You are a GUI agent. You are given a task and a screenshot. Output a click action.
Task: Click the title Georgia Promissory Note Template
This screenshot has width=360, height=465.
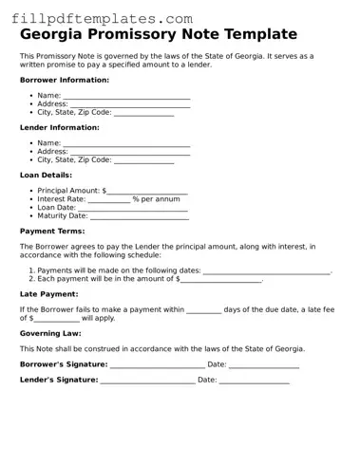pos(158,34)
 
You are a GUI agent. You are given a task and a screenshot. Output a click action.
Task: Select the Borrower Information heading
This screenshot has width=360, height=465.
pos(64,80)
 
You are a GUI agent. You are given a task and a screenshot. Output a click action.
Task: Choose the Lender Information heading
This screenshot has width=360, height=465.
pos(59,127)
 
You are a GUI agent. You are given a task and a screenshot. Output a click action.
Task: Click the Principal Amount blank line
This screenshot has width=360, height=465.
pos(147,191)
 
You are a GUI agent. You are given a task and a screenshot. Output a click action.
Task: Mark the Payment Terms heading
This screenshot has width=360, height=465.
pos(52,231)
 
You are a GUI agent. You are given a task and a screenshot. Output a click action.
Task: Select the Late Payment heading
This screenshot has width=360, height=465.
pos(48,294)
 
